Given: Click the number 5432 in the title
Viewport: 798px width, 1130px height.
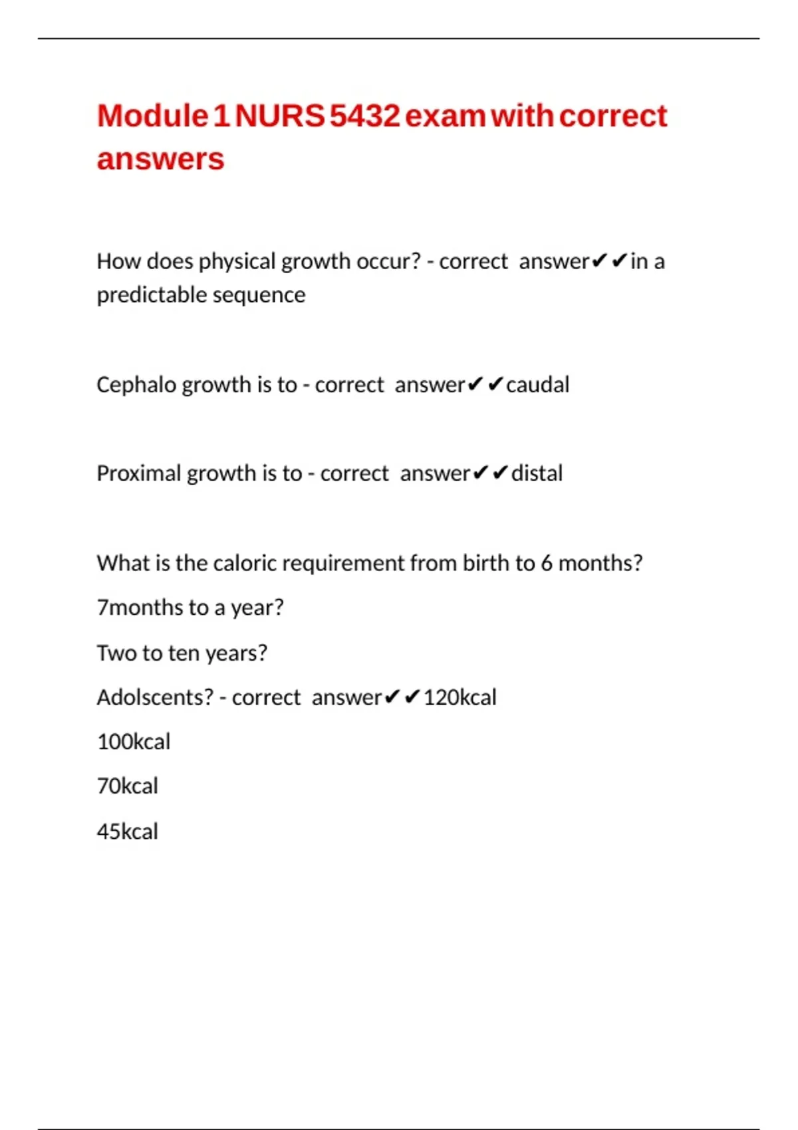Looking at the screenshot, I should [365, 116].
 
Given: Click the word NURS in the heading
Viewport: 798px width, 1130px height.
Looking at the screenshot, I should [280, 116].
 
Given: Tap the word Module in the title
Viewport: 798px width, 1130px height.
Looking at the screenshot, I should [153, 116].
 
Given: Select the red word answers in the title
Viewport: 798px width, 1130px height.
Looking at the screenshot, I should [160, 160].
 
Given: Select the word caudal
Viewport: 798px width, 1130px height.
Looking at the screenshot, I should [537, 385].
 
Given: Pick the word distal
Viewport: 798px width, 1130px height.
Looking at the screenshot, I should [537, 473].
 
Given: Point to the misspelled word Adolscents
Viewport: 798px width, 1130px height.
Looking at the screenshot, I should [155, 697].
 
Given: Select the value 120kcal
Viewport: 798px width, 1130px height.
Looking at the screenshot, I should [460, 697].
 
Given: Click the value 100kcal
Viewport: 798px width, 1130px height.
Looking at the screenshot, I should [134, 742].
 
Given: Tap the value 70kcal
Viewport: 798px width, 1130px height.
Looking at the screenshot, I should [128, 786].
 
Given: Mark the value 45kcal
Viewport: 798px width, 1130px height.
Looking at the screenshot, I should [128, 832].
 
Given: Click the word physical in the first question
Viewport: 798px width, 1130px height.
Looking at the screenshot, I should [237, 262].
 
